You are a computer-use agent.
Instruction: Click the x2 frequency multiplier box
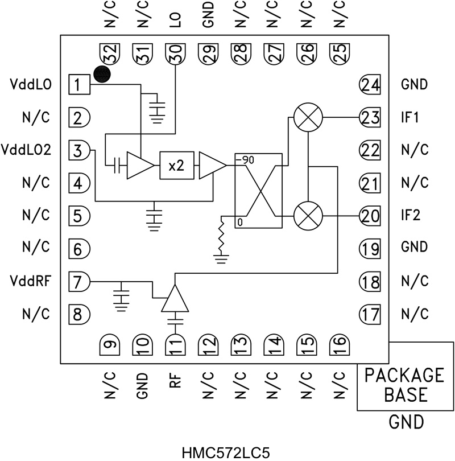point(177,165)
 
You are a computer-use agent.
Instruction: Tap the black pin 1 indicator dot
point(101,74)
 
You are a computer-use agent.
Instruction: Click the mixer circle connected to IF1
point(308,118)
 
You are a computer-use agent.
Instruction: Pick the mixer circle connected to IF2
point(308,216)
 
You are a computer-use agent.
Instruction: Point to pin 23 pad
point(369,118)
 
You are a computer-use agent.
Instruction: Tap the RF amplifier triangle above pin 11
point(175,299)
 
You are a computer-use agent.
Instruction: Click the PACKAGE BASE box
point(405,384)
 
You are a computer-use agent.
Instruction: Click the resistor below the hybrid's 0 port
point(219,240)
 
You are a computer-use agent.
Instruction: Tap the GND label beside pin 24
point(415,85)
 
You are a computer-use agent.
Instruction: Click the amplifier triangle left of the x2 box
point(138,165)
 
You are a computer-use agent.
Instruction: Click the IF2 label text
point(411,216)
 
